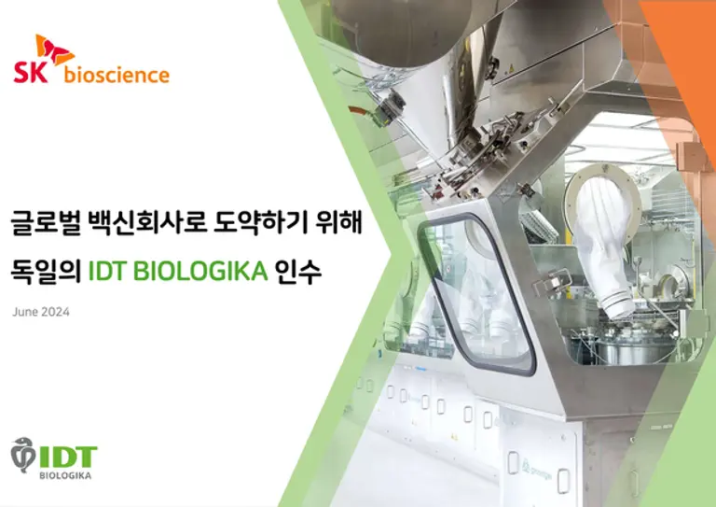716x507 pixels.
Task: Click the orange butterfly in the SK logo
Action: [x=55, y=49]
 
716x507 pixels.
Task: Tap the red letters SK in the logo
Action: [x=31, y=73]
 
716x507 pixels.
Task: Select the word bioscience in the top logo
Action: [x=117, y=75]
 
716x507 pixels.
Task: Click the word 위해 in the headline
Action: [x=338, y=222]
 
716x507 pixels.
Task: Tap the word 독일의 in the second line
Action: [x=46, y=271]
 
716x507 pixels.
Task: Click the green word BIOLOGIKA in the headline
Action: [x=200, y=271]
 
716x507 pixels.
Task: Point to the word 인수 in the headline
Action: [x=298, y=271]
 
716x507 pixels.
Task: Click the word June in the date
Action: [x=25, y=312]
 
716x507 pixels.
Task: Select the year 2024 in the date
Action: [x=55, y=312]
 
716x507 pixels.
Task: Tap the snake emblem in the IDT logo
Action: [x=22, y=455]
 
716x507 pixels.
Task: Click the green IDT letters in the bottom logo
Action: [x=68, y=458]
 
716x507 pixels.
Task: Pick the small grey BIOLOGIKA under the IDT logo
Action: [x=65, y=475]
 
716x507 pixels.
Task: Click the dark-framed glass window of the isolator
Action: [x=477, y=295]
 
